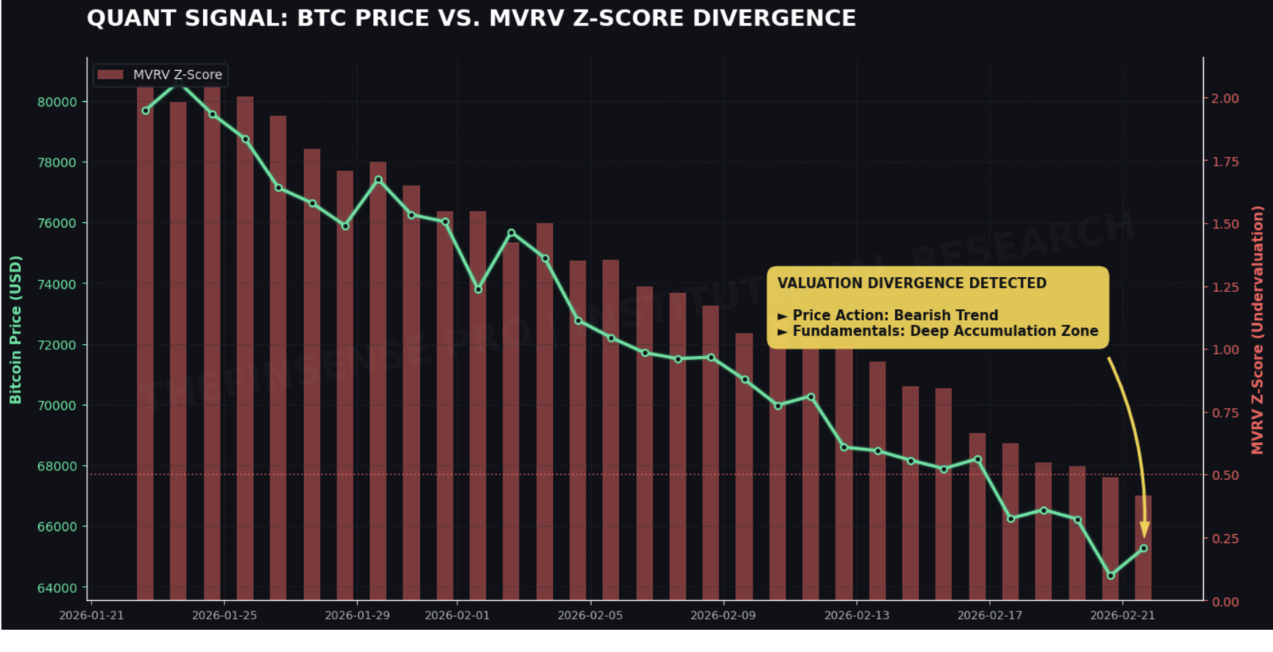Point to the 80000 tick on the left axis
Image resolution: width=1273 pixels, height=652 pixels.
click(x=57, y=102)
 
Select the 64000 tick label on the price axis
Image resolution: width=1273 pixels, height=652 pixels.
click(x=57, y=588)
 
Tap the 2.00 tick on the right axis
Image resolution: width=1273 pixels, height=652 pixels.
click(x=1225, y=99)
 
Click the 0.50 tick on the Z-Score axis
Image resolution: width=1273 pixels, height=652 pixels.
click(x=1225, y=475)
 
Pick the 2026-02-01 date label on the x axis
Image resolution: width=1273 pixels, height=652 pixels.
click(x=457, y=615)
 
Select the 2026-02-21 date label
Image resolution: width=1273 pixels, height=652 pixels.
click(x=1122, y=615)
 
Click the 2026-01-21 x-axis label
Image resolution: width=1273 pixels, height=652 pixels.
click(x=91, y=615)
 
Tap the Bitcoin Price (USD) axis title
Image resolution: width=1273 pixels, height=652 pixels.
click(x=15, y=330)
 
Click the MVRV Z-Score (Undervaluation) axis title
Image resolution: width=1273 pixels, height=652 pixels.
click(x=1257, y=330)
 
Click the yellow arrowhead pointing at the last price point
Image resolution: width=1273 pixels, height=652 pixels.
click(x=1144, y=529)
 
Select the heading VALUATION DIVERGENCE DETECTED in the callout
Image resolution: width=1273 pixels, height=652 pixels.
click(x=912, y=283)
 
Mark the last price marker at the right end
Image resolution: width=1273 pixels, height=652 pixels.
click(x=1143, y=549)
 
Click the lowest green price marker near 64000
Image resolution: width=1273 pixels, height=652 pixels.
click(x=1111, y=576)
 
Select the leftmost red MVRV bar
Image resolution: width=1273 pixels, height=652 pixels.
click(x=145, y=342)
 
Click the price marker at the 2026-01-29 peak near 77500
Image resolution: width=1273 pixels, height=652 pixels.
click(x=379, y=180)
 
